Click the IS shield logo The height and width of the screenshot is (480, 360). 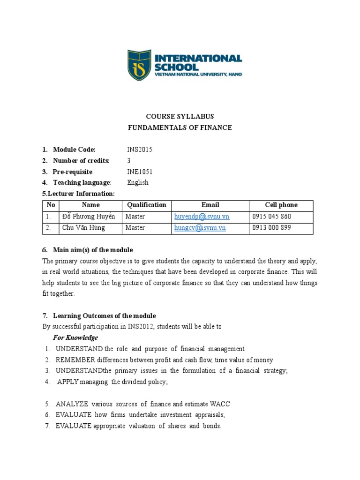(140, 65)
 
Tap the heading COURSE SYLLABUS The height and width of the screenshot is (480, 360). (180, 116)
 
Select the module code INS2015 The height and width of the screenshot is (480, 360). (140, 150)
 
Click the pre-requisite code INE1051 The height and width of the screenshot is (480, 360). (140, 172)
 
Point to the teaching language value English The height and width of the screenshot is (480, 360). (138, 182)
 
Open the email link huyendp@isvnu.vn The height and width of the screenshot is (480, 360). (202, 217)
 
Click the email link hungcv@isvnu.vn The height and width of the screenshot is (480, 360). (200, 228)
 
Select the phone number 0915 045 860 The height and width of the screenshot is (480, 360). (271, 217)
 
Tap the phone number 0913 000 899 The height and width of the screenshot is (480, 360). (271, 228)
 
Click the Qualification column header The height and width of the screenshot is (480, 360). (146, 205)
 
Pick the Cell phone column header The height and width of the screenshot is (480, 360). (281, 205)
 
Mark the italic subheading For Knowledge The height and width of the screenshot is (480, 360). (75, 337)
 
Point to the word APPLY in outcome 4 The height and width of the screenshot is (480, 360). (68, 382)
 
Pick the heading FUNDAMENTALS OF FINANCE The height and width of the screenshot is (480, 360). (180, 127)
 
